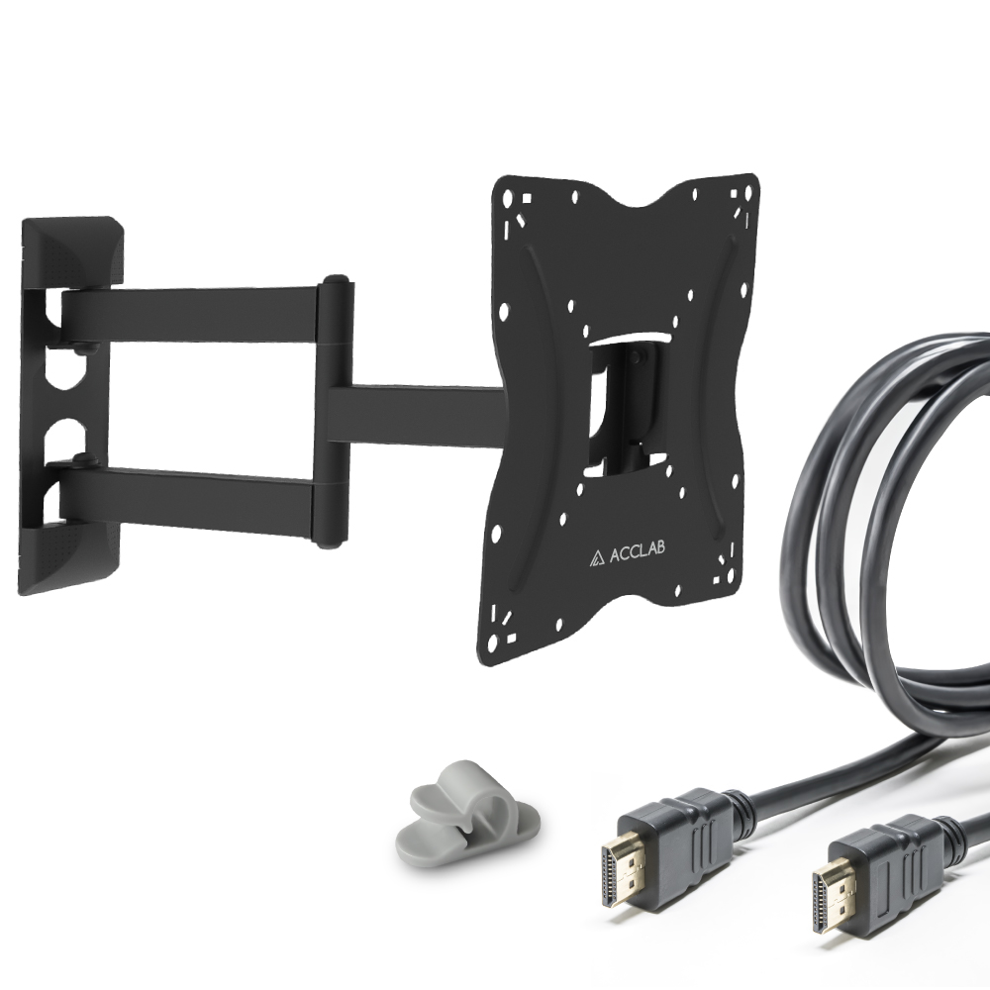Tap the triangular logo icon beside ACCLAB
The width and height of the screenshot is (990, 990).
click(597, 557)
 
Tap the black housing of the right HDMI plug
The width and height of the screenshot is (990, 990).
click(887, 862)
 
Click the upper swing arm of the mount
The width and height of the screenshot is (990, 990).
click(189, 315)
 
